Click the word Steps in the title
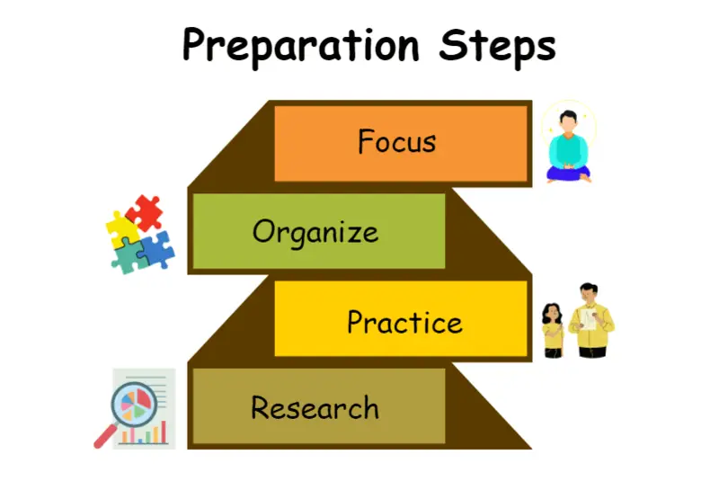pos(498,48)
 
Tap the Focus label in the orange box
pos(396,141)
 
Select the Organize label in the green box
pos(315,233)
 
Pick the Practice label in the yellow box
pos(405,322)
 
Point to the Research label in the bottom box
pos(315,407)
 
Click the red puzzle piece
pos(144,213)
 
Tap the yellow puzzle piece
pos(122,228)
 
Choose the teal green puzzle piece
pos(129,257)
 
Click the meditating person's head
pos(568,121)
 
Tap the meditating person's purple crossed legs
pos(568,174)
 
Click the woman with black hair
pos(553,330)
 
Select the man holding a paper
pos(591,320)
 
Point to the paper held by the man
pos(588,318)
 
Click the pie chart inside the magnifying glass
pos(134,405)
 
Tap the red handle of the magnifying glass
pos(105,437)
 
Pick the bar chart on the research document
pos(143,433)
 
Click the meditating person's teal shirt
pos(568,150)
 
